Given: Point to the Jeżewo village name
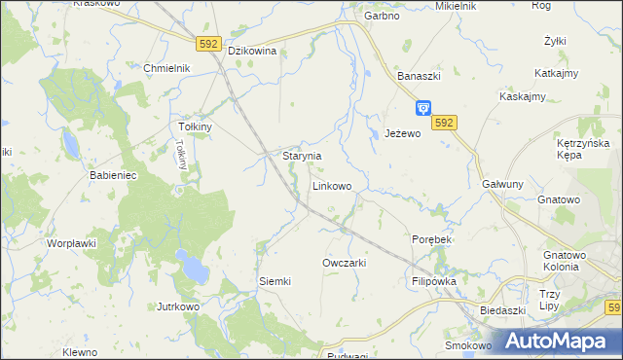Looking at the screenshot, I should [x=402, y=133].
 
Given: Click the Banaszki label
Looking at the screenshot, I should [x=420, y=75].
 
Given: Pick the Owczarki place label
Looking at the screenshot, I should [x=344, y=264].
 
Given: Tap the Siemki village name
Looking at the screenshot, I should [x=275, y=281].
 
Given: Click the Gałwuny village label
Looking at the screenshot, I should [x=502, y=184].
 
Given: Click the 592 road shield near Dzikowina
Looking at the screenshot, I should [x=208, y=44].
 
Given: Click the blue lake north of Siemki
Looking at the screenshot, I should [x=192, y=263].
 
